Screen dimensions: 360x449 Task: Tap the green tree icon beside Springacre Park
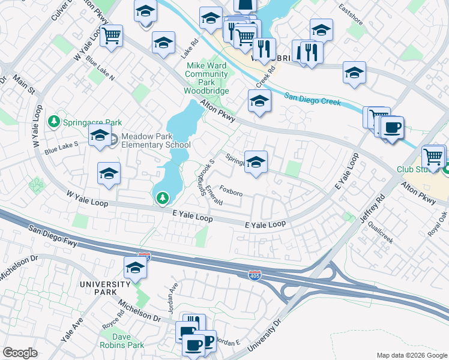tap(55, 122)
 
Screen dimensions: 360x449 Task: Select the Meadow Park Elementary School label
tap(156, 140)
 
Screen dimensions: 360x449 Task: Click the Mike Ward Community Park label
tap(206, 78)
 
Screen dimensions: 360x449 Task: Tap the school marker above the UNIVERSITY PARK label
tap(136, 269)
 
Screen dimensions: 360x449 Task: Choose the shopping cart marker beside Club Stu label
tap(433, 157)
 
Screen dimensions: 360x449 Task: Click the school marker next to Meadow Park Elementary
tap(100, 136)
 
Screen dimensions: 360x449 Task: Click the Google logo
tap(20, 353)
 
